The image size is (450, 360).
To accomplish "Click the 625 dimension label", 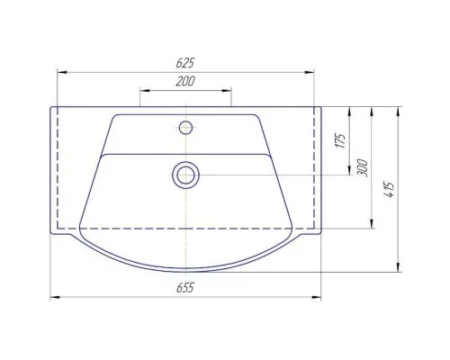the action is (185, 63).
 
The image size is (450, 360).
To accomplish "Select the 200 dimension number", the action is (185, 81).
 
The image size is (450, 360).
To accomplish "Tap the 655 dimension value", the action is (185, 288).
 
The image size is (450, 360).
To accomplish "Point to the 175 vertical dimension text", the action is (340, 140).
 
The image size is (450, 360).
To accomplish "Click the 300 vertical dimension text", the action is (363, 168).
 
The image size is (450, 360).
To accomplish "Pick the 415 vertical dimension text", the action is (389, 190).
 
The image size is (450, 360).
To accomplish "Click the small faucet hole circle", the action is (185, 128).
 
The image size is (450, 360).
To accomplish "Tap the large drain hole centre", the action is (186, 175).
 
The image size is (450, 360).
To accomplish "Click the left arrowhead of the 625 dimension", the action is (62, 72).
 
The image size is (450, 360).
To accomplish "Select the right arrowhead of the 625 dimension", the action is (310, 72).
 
